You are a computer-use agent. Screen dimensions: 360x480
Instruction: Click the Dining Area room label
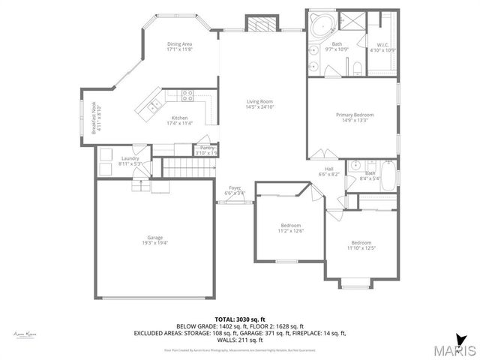(178, 44)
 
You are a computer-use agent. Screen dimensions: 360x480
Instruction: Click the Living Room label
(260, 101)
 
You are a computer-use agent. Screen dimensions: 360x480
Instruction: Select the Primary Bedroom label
(355, 114)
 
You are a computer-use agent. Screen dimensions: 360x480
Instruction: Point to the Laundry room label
(130, 158)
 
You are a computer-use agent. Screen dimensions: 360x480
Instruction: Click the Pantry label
(206, 148)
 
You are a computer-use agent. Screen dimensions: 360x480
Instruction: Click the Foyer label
(235, 188)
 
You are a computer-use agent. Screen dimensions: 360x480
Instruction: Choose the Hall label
(329, 169)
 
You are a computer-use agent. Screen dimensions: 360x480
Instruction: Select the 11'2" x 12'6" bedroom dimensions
(291, 231)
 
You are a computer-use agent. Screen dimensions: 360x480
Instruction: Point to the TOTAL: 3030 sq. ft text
(239, 319)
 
